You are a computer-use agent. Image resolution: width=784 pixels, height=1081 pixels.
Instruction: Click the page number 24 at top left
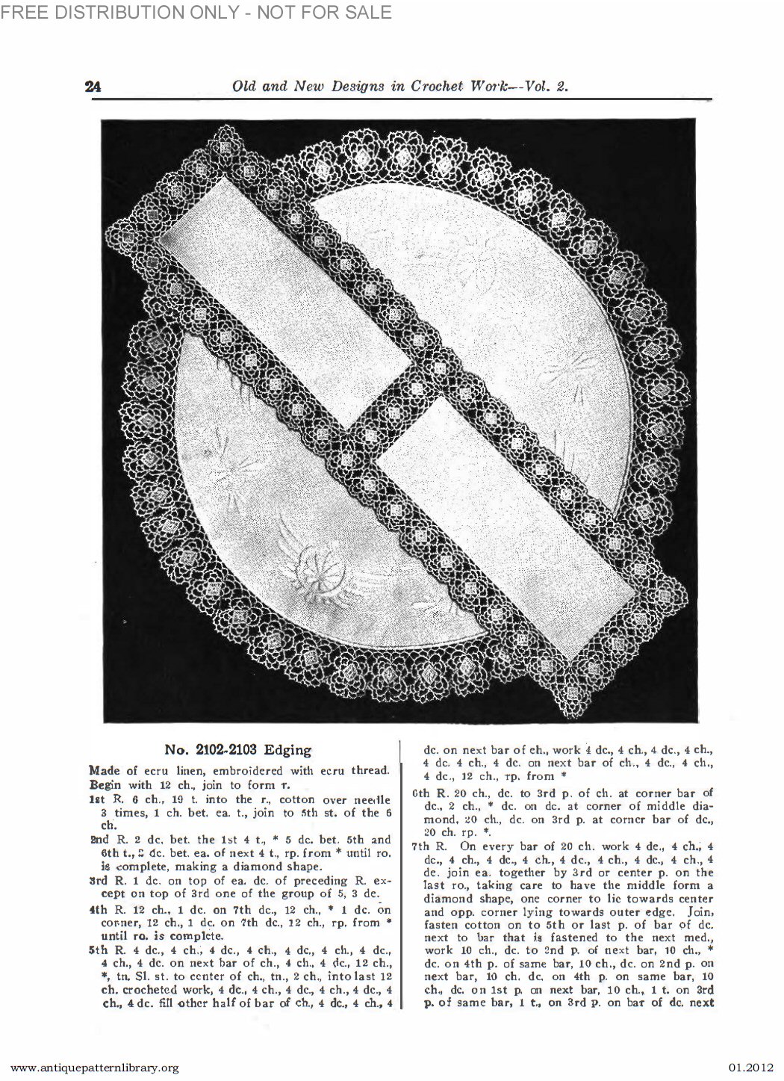(93, 86)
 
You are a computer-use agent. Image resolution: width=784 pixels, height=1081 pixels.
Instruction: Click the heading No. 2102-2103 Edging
(237, 749)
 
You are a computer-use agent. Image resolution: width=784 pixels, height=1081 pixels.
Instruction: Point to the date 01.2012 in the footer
(747, 1068)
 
